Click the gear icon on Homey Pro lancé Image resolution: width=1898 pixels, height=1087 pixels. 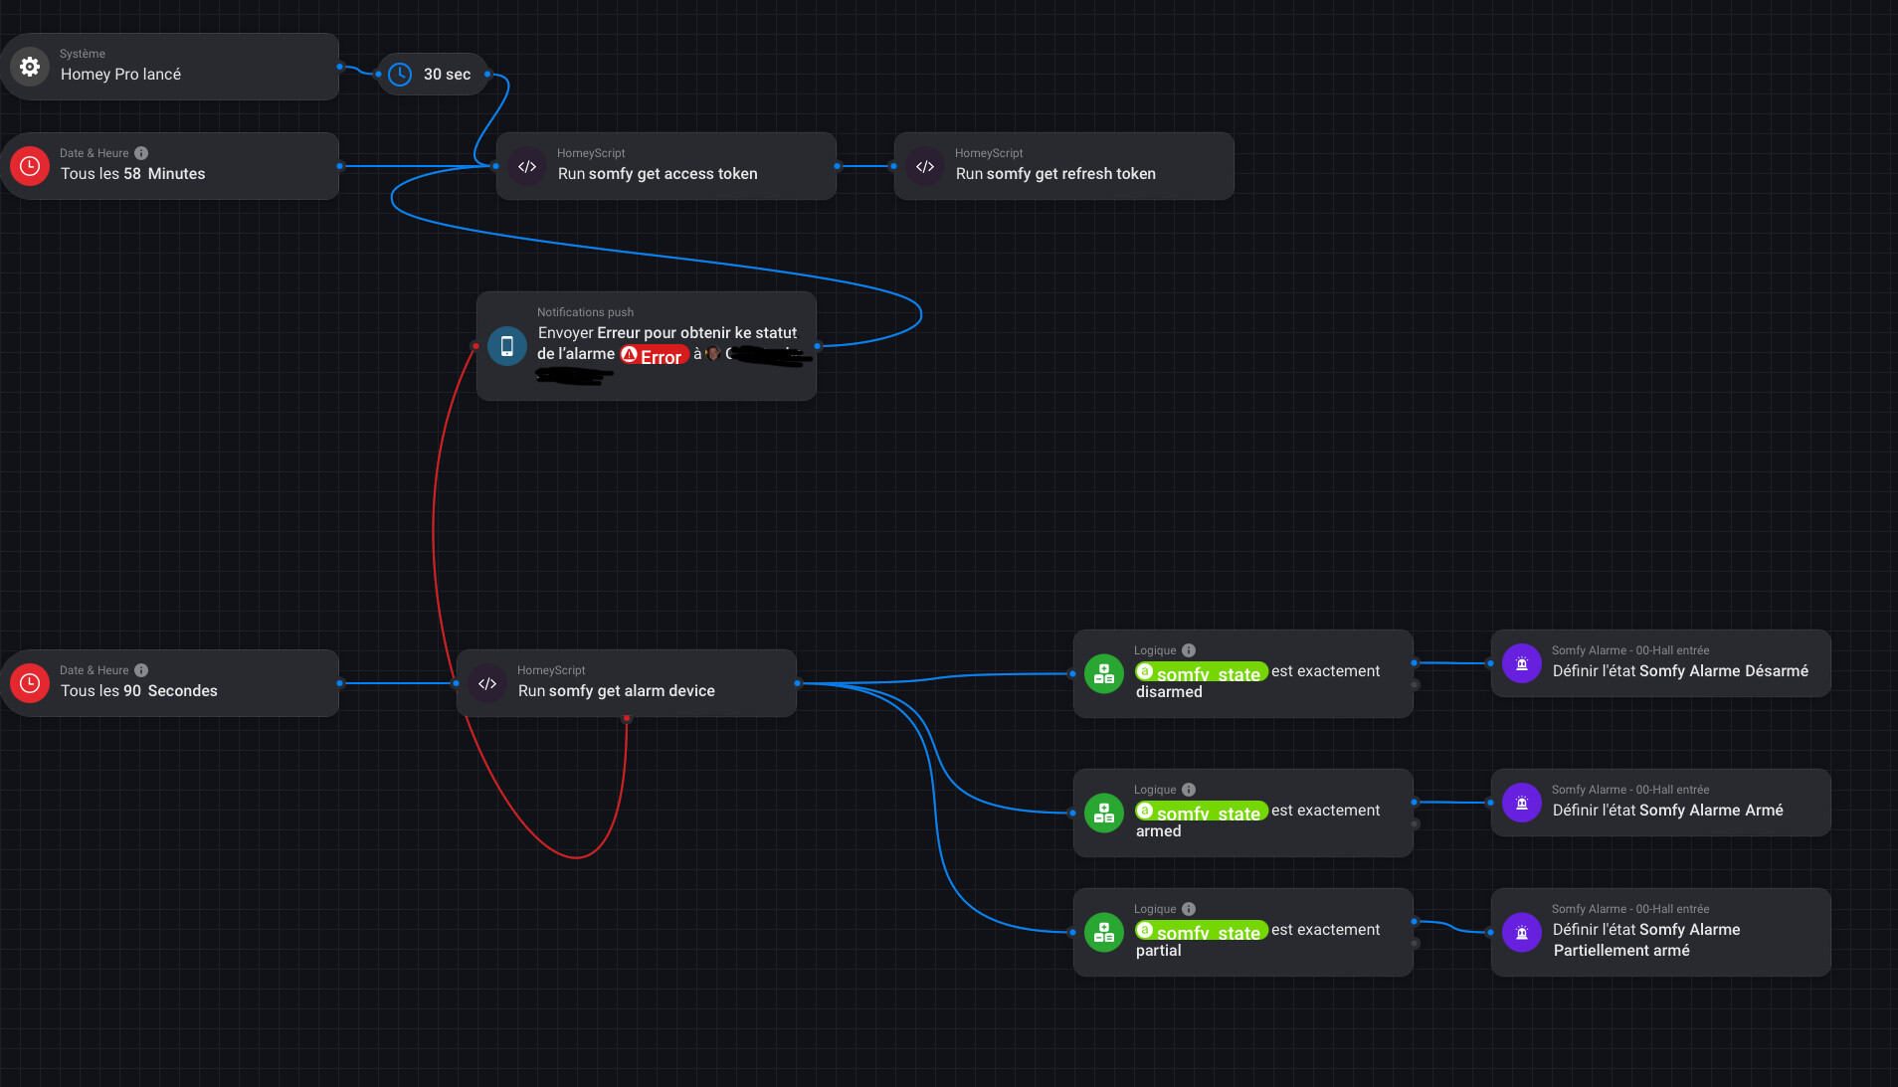click(30, 67)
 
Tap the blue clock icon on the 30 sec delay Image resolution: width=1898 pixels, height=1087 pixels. click(400, 75)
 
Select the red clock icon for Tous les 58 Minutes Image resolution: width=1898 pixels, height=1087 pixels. click(30, 166)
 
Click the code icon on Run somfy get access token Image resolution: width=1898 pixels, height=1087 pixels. click(527, 166)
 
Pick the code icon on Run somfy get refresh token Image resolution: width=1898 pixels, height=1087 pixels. click(925, 166)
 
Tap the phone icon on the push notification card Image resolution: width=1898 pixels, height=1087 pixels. click(507, 346)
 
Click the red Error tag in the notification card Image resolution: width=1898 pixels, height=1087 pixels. click(655, 355)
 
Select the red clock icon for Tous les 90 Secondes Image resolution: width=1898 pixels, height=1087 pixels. click(30, 683)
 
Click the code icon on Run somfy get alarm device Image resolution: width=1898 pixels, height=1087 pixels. click(487, 683)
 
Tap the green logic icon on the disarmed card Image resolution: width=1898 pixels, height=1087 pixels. click(1104, 674)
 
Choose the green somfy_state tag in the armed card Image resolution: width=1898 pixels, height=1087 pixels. click(1202, 812)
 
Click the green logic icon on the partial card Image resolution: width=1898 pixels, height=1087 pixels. click(1104, 933)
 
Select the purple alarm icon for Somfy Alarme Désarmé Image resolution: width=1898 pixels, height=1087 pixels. click(1522, 663)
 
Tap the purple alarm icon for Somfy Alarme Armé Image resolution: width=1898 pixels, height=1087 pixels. click(1522, 803)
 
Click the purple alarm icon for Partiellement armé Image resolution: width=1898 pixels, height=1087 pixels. click(1522, 933)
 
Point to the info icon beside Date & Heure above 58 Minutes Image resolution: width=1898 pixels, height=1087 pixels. click(141, 153)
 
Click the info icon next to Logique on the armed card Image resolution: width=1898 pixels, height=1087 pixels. click(1189, 790)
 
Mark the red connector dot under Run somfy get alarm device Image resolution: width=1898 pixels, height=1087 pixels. click(627, 718)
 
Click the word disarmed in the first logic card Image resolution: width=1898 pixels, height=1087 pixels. click(1169, 692)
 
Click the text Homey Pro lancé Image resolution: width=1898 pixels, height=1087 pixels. click(120, 75)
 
